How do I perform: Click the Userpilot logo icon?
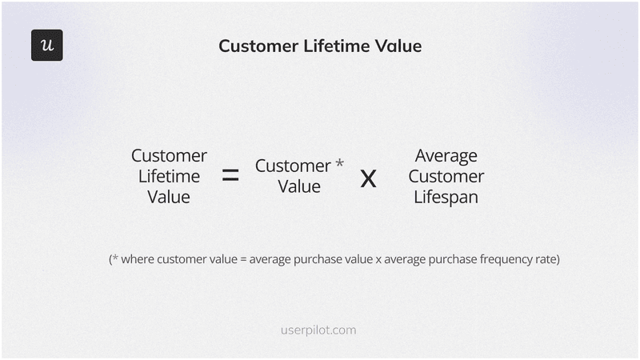[x=46, y=46]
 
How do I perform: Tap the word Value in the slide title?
[x=397, y=46]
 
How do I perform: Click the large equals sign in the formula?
[x=230, y=176]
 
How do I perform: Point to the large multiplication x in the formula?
[x=368, y=178]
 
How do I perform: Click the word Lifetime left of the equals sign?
[x=169, y=176]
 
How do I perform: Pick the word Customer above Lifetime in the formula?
[x=169, y=155]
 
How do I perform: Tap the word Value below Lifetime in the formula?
[x=169, y=197]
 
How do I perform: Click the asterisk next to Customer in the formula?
[x=339, y=163]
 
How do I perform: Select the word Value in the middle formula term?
[x=299, y=186]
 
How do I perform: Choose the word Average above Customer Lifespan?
[x=446, y=155]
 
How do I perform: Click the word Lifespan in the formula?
[x=446, y=197]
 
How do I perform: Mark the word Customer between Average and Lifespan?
[x=446, y=176]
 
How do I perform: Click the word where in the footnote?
[x=138, y=259]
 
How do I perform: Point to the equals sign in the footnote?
[x=242, y=260]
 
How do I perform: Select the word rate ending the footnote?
[x=543, y=259]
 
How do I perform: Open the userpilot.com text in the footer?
[x=319, y=330]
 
